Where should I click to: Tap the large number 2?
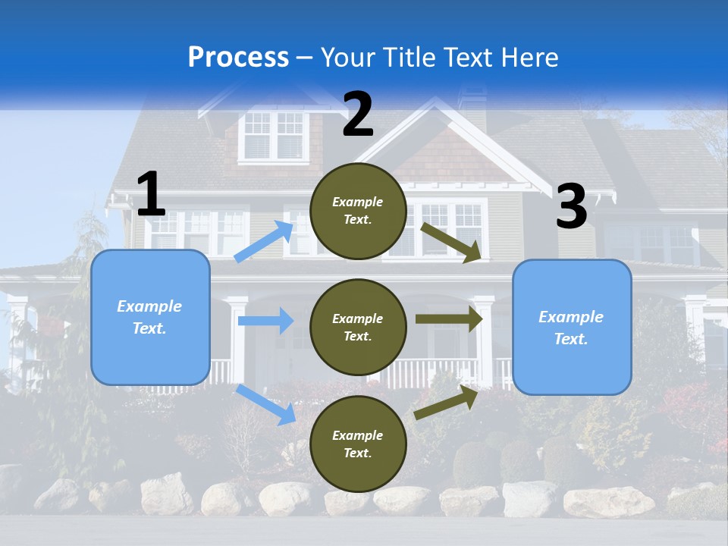point(358,114)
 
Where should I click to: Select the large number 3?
point(571,207)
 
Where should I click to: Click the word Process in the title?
point(238,57)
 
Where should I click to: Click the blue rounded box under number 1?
point(150,317)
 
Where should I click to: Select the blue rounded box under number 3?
point(572,328)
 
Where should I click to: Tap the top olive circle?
point(358,211)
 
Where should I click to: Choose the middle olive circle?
point(358,327)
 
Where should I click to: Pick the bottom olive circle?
point(358,444)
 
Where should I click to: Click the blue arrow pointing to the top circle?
point(264,242)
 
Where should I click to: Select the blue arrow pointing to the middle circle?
point(265,321)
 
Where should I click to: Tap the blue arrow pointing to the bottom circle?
point(266,404)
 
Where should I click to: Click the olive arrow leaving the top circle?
point(450,242)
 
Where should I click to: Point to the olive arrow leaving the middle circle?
point(449,319)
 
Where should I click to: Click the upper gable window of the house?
point(274,135)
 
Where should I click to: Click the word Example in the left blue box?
point(149,306)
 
